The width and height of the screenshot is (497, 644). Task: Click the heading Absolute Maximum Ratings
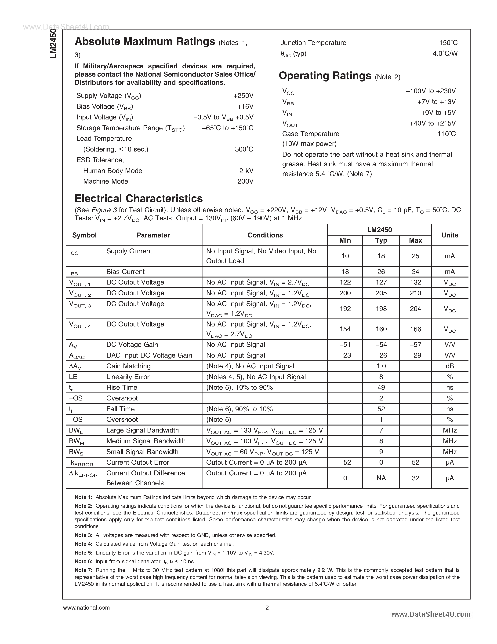[145, 42]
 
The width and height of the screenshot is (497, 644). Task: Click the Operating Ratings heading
[325, 76]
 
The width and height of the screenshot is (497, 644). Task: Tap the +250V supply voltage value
[243, 96]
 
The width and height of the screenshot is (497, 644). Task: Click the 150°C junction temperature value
[448, 43]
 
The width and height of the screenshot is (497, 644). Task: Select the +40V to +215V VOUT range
[432, 123]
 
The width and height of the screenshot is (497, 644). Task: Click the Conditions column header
[265, 235]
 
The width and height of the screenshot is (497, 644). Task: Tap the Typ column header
[381, 240]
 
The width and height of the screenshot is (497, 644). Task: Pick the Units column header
[450, 235]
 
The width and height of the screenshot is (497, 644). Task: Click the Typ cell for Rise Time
[381, 388]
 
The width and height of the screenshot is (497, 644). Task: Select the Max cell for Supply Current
[415, 256]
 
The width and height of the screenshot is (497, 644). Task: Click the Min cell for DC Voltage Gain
[345, 344]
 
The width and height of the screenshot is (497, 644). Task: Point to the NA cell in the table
[381, 478]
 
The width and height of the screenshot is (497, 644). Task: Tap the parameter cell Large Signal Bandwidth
[142, 430]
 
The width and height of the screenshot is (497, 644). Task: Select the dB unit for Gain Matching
[450, 366]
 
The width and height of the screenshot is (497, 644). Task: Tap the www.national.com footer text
[86, 608]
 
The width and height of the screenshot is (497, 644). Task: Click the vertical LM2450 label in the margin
[53, 43]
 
